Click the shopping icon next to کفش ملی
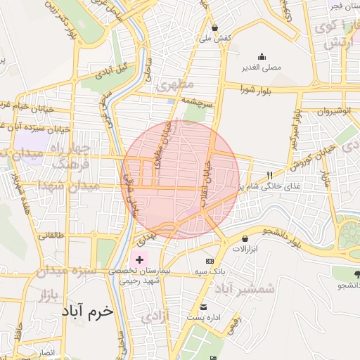coord(214,28)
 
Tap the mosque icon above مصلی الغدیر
coord(262,57)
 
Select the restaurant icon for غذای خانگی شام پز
coord(269,175)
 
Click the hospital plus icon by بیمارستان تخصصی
coord(139,260)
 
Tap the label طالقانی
coord(51,236)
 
